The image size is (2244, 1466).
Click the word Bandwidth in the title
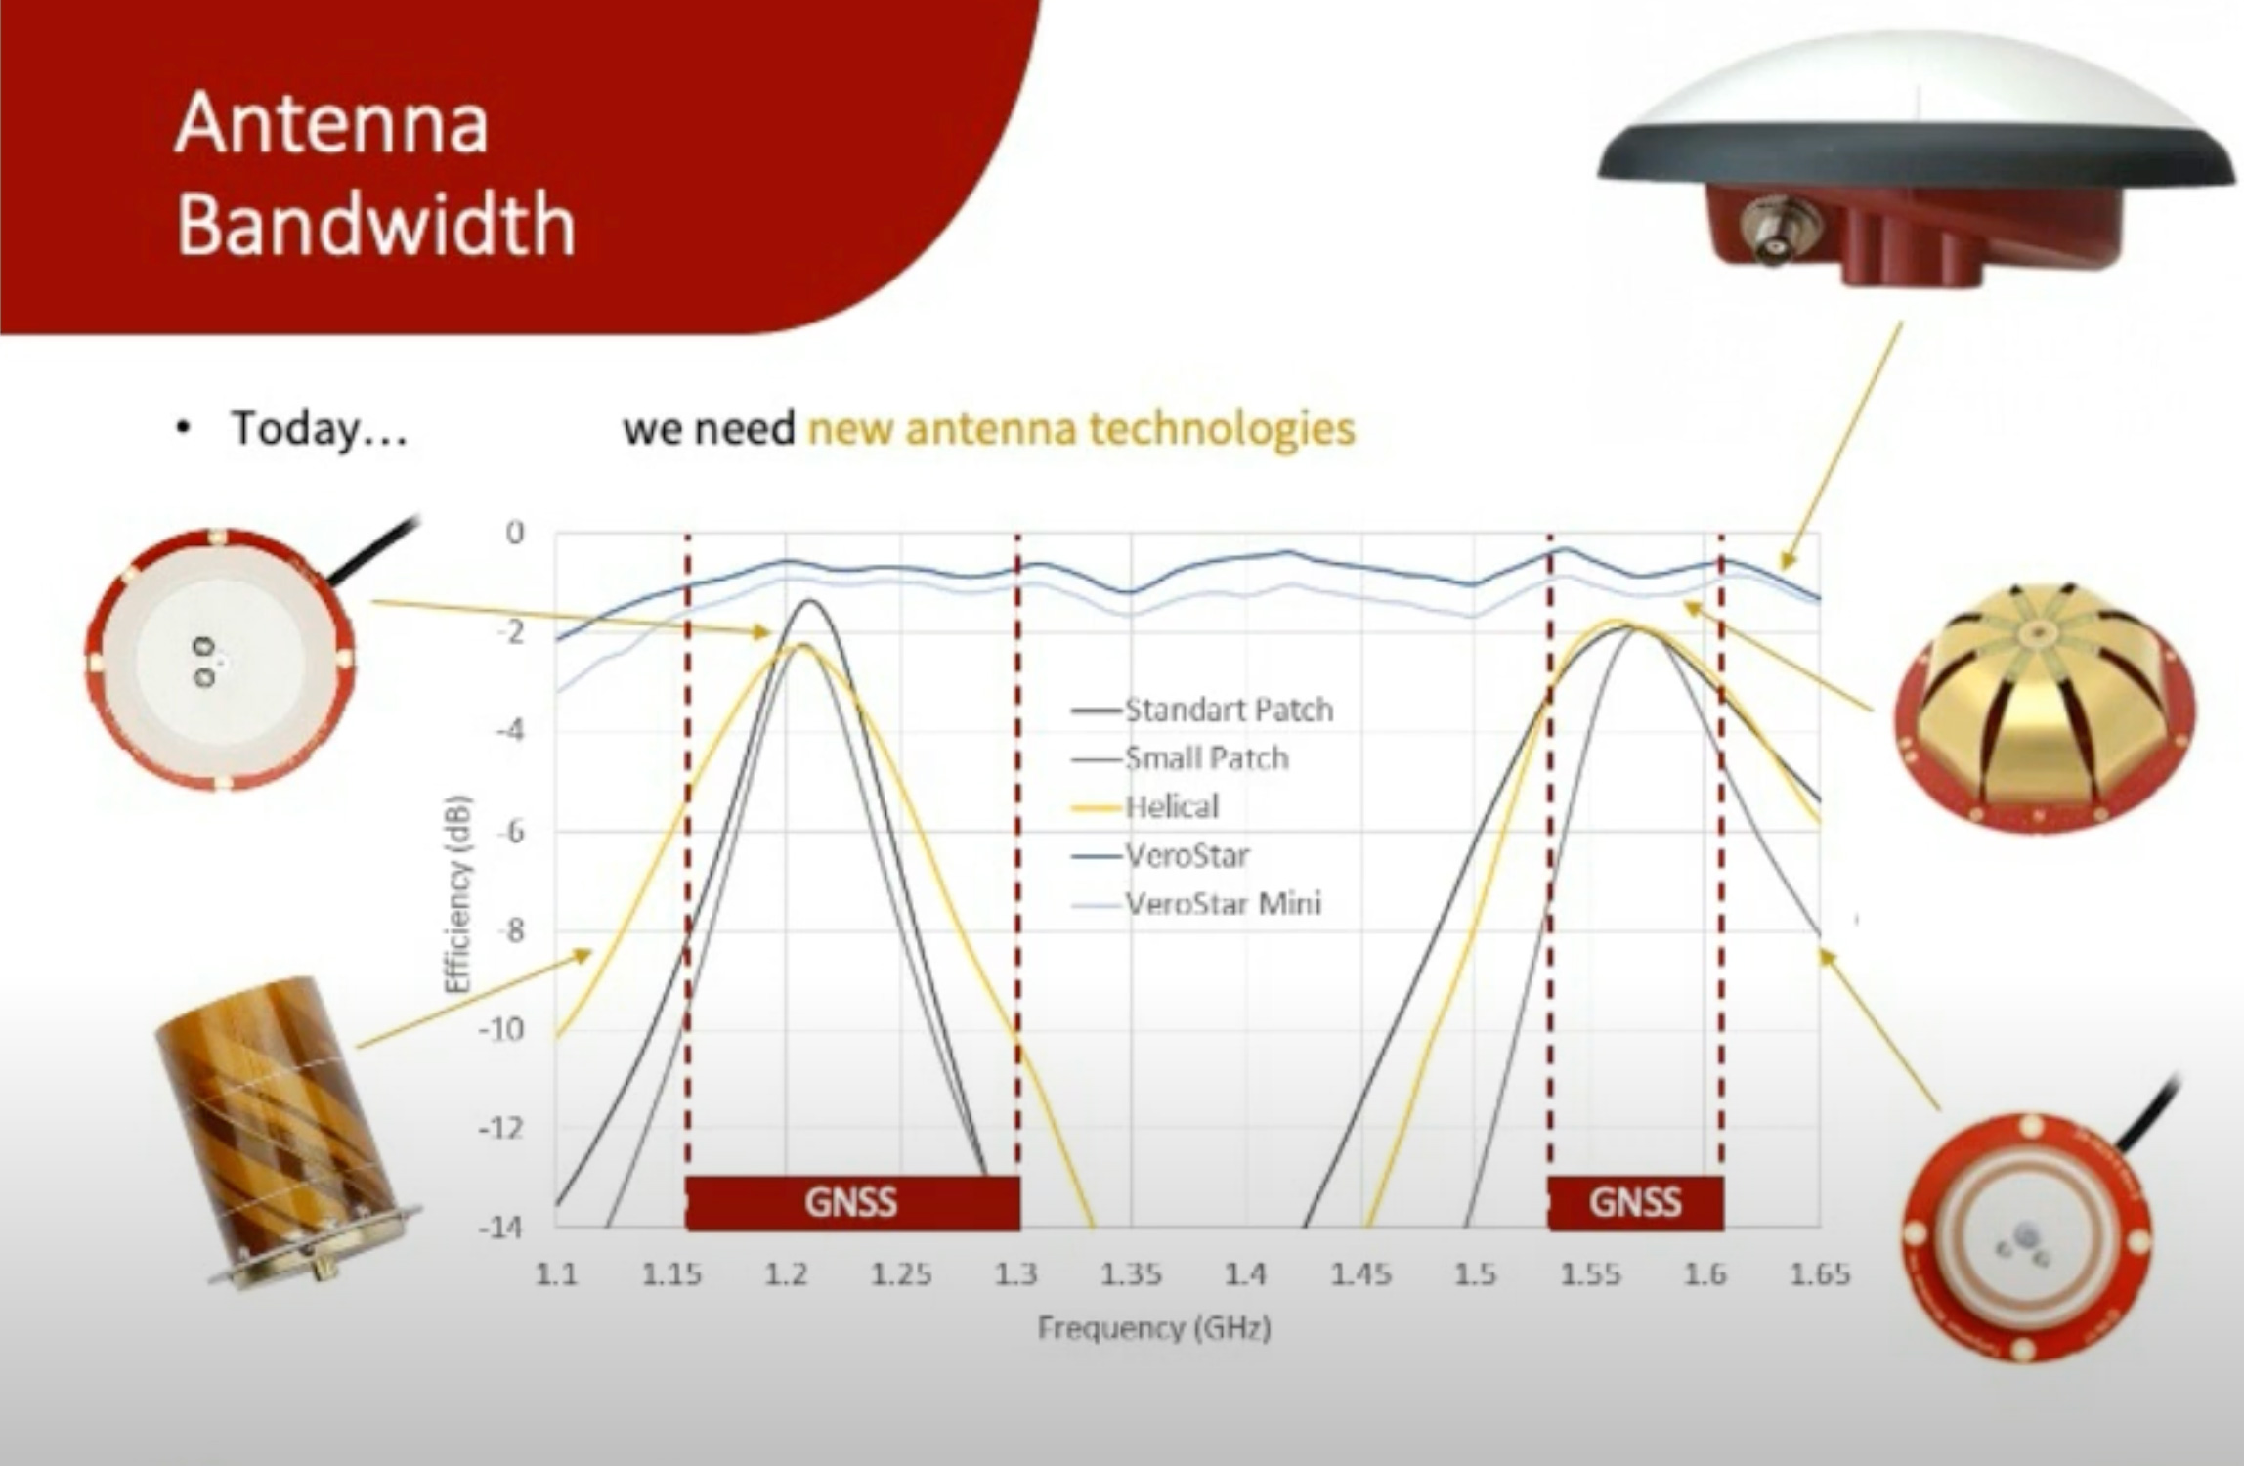pyautogui.click(x=376, y=224)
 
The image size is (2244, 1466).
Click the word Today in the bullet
pyautogui.click(x=294, y=429)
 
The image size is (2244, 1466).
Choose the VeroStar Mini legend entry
pyautogui.click(x=1196, y=903)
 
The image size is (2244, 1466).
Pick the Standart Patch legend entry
pyautogui.click(x=1202, y=710)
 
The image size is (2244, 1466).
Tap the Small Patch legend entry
pyautogui.click(x=1181, y=757)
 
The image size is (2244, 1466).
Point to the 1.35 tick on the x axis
pyautogui.click(x=1132, y=1273)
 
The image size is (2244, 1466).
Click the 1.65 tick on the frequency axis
pyautogui.click(x=1820, y=1273)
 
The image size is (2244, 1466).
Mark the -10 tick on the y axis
pyautogui.click(x=501, y=1028)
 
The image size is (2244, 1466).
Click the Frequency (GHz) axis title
pyautogui.click(x=1154, y=1328)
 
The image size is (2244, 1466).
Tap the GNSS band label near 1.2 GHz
pyautogui.click(x=851, y=1202)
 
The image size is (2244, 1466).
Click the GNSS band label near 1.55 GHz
pyautogui.click(x=1635, y=1202)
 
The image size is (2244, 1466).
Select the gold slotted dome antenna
pyautogui.click(x=2044, y=708)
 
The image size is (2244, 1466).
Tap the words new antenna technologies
pyautogui.click(x=1082, y=429)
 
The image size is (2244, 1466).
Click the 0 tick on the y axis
pyautogui.click(x=515, y=533)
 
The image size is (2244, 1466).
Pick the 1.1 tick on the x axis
pyautogui.click(x=557, y=1273)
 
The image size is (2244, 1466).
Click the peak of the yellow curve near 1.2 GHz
pyautogui.click(x=801, y=645)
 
